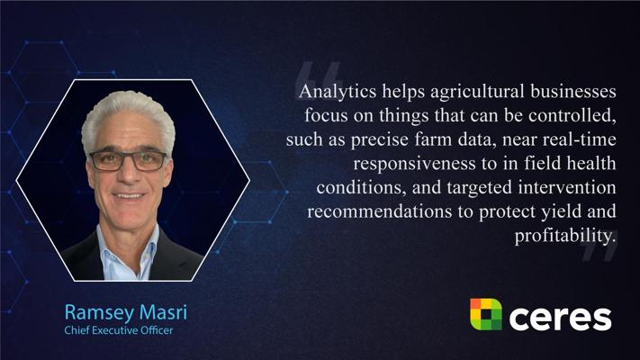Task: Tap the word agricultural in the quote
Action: click(x=477, y=92)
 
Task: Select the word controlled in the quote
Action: click(x=572, y=115)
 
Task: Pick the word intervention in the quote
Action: click(x=567, y=187)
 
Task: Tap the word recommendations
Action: click(x=379, y=211)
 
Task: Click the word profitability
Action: click(x=565, y=236)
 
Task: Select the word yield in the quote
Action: click(x=561, y=211)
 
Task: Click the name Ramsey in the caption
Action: click(x=99, y=312)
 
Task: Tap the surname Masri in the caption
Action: click(x=163, y=312)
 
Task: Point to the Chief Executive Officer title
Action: click(x=118, y=330)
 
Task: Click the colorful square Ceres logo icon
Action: click(x=486, y=314)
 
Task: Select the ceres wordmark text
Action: click(x=560, y=318)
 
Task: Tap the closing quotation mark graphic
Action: click(x=599, y=248)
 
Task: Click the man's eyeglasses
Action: click(x=128, y=160)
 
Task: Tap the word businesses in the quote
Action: click(x=573, y=92)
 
